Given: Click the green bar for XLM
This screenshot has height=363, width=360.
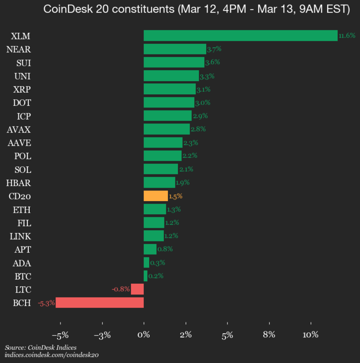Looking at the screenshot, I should (x=240, y=35).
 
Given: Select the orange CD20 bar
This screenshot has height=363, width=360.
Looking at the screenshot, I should (x=156, y=196).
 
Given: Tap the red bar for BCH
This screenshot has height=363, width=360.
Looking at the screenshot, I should (x=99, y=302).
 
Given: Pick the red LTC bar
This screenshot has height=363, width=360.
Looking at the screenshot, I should (x=137, y=289).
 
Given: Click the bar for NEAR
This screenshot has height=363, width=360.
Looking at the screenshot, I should (x=174, y=49).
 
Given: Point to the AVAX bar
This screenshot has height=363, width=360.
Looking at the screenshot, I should (x=166, y=129).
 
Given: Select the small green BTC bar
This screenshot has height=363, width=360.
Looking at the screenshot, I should (x=146, y=276).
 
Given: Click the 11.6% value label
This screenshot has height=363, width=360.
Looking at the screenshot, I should (x=347, y=36).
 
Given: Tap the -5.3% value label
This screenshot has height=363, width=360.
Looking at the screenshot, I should (x=46, y=303).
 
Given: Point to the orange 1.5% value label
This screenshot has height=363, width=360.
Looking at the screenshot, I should (x=175, y=196).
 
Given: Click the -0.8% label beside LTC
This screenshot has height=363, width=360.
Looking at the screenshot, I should (x=121, y=289).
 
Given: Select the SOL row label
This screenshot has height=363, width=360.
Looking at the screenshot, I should (x=23, y=169).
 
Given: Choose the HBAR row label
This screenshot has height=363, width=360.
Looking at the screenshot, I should (x=19, y=183).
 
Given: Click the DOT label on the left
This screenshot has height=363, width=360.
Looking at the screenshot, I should (x=22, y=102).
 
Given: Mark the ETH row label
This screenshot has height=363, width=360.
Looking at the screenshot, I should (x=23, y=209).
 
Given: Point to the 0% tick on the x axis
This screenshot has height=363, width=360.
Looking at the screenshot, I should (x=144, y=335).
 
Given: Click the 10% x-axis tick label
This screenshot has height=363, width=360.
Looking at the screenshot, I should (x=310, y=335).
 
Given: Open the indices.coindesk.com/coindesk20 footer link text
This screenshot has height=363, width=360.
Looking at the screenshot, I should (x=51, y=355).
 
